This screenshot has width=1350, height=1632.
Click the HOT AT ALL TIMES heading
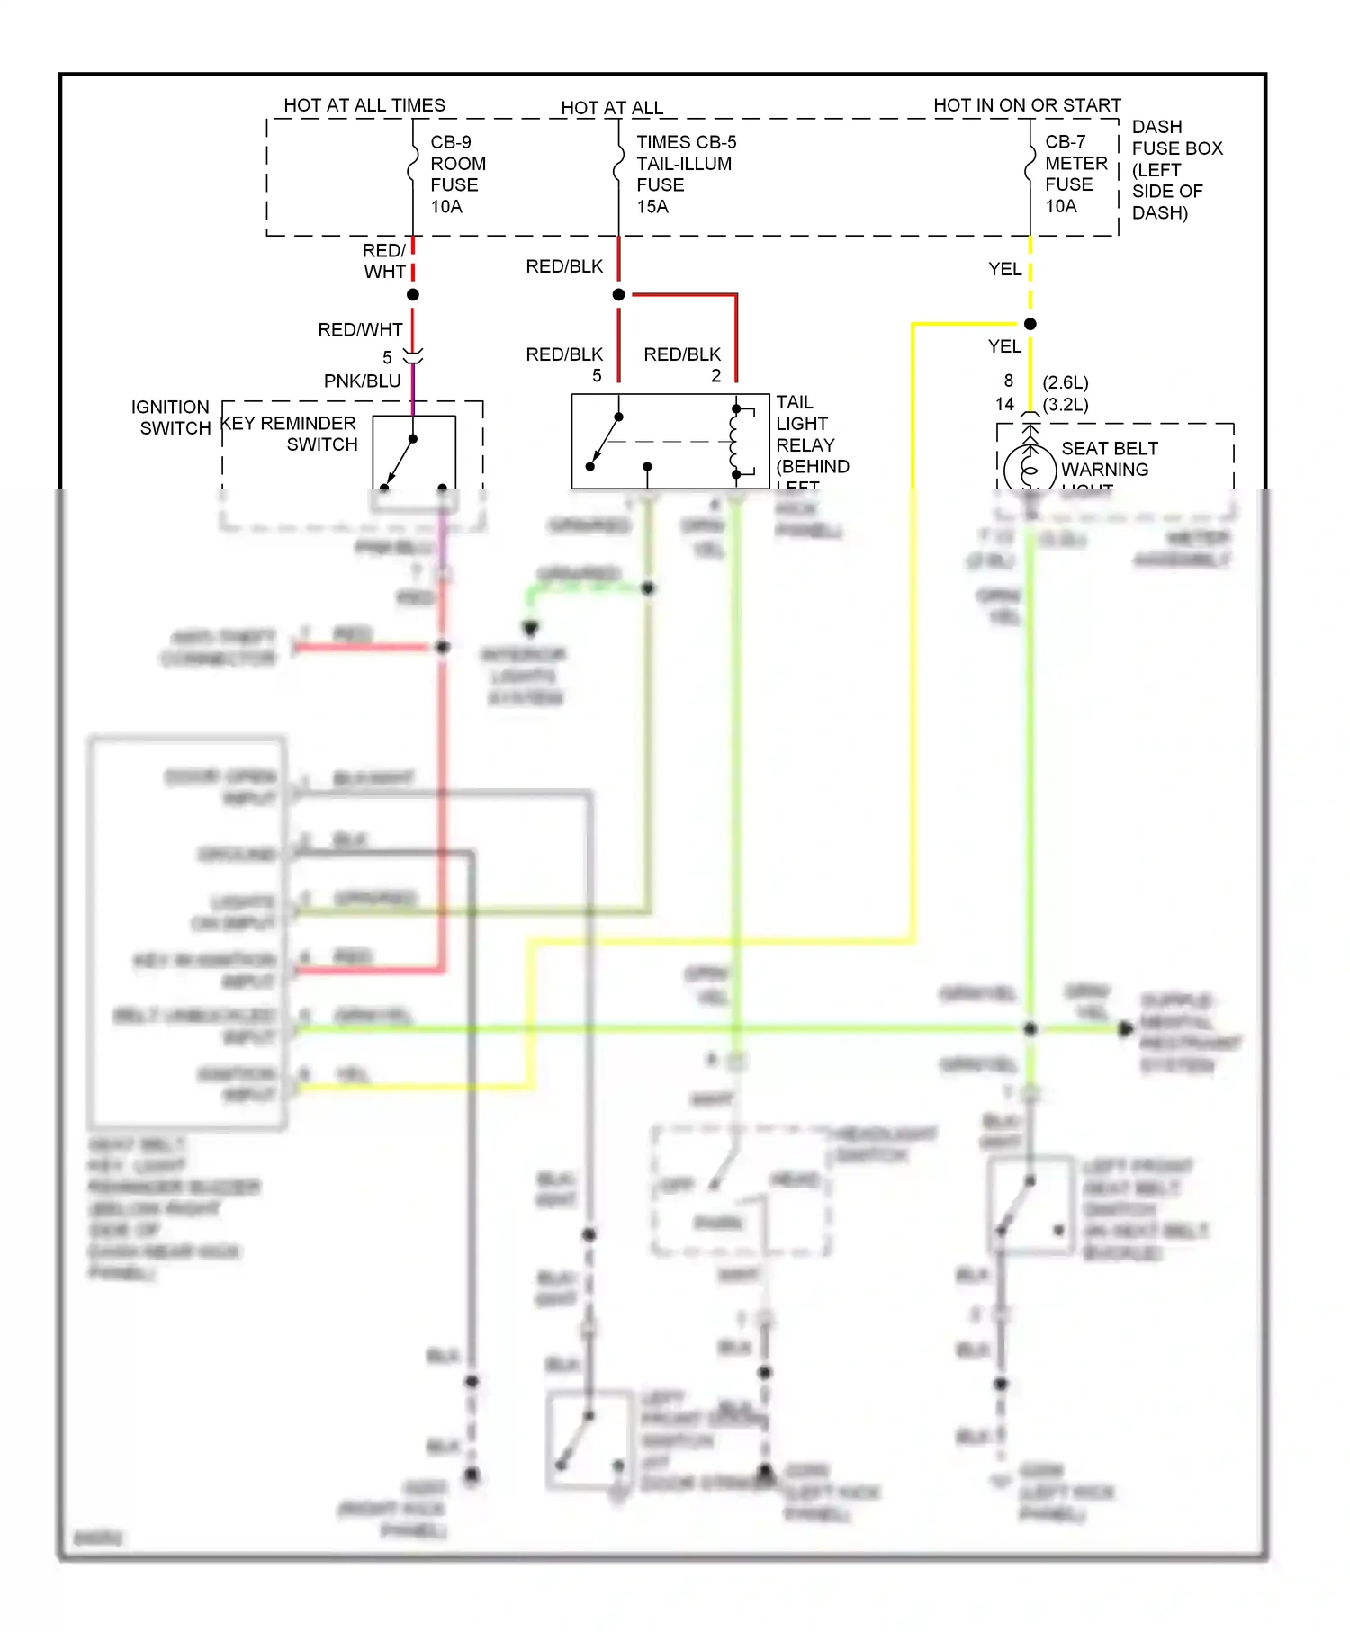tap(364, 105)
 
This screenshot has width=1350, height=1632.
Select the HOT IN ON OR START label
tap(1027, 105)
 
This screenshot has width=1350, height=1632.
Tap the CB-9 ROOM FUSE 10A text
tap(457, 175)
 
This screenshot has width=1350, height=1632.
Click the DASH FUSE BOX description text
tap(1175, 170)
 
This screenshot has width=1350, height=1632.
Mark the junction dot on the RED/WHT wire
tap(413, 295)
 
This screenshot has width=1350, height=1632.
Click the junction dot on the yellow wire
tap(1030, 324)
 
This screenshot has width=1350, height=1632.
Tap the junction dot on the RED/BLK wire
tap(618, 295)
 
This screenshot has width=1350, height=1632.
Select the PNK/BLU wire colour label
tap(362, 381)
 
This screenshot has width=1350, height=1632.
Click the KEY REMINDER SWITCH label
tap(290, 434)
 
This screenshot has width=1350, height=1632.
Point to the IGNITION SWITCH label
tap(171, 417)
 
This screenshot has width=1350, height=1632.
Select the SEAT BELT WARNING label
tap(1109, 459)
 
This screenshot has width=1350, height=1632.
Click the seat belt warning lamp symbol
tap(1030, 468)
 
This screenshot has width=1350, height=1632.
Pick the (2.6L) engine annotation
tap(1066, 382)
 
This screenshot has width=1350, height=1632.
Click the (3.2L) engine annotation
tap(1066, 405)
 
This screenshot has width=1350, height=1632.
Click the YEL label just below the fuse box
tap(1004, 269)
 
